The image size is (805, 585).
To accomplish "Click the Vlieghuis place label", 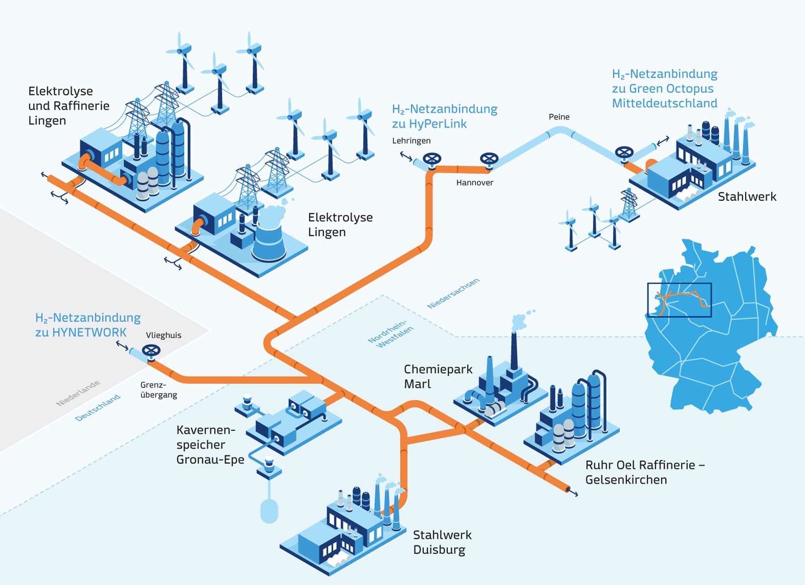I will (164, 335).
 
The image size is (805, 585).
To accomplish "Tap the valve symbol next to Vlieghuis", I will (151, 350).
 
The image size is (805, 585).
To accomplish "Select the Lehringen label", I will (411, 141).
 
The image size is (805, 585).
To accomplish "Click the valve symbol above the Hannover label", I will (489, 159).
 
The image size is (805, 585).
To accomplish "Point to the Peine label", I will (559, 117).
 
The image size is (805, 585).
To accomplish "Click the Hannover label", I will (474, 183).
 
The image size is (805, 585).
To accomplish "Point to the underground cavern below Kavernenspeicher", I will (269, 509).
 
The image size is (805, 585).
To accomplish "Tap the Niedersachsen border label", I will (453, 294).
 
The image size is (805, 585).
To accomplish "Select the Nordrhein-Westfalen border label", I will (390, 333).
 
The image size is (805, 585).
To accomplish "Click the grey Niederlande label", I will (78, 393).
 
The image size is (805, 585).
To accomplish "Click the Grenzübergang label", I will (158, 390).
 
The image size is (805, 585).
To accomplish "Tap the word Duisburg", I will (439, 550).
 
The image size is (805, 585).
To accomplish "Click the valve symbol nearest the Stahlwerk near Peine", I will (624, 153).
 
